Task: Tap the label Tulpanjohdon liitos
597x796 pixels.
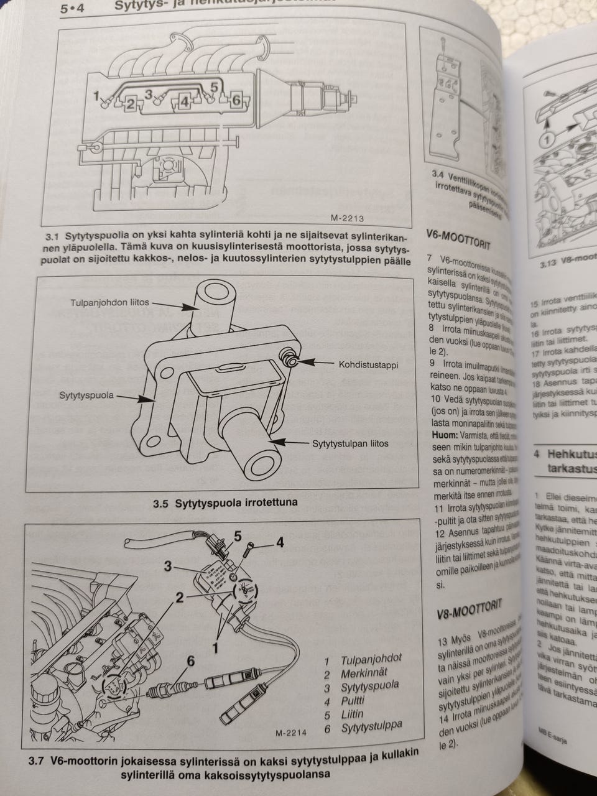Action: (x=109, y=303)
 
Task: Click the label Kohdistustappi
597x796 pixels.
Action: (x=368, y=364)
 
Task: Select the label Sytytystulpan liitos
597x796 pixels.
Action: (x=349, y=443)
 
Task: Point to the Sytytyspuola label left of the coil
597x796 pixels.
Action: (x=86, y=395)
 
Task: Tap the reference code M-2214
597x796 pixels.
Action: (x=291, y=733)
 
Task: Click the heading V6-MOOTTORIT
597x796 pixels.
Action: (x=459, y=239)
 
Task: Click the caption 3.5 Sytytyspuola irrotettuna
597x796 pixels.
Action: (x=225, y=502)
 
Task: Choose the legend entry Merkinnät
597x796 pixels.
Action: (x=364, y=673)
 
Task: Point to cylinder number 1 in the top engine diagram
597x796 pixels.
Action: (x=96, y=96)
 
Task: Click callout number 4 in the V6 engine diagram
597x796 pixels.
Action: (x=279, y=543)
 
